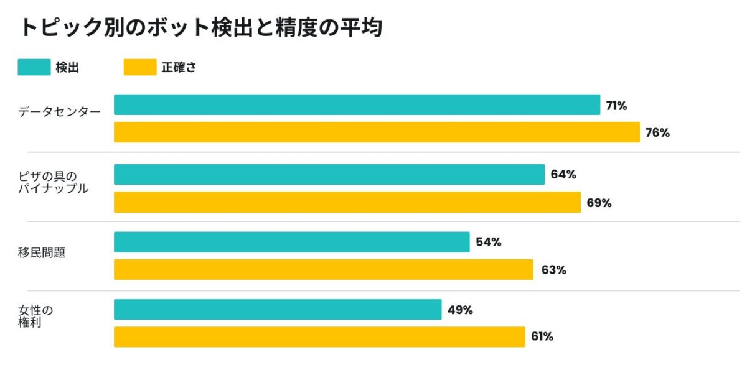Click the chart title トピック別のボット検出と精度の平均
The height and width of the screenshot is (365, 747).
pyautogui.click(x=202, y=27)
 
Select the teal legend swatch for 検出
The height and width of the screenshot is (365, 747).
pyautogui.click(x=34, y=67)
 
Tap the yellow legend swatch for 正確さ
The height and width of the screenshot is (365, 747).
pyautogui.click(x=140, y=67)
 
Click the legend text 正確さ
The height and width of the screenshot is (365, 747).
pyautogui.click(x=179, y=68)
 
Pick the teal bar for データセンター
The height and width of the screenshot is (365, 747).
pyautogui.click(x=357, y=104)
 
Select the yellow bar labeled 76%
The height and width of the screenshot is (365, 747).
pyautogui.click(x=377, y=132)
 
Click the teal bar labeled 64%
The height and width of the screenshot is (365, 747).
pyautogui.click(x=329, y=175)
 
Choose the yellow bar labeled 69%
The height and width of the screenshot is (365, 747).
pyautogui.click(x=347, y=202)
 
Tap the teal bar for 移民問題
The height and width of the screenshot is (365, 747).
pyautogui.click(x=292, y=242)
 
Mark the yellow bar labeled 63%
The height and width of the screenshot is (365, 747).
pyautogui.click(x=324, y=269)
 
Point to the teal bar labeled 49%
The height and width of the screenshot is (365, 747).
pyautogui.click(x=278, y=310)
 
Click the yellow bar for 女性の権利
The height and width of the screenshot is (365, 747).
pyautogui.click(x=319, y=337)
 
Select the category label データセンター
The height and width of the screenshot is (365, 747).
pyautogui.click(x=59, y=111)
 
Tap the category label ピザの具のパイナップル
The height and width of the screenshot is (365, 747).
pyautogui.click(x=54, y=182)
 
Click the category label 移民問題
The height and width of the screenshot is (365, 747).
pyautogui.click(x=42, y=252)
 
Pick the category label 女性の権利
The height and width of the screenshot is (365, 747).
pyautogui.click(x=35, y=316)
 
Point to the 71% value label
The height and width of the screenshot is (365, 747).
pyautogui.click(x=617, y=106)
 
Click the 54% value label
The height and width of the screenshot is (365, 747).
pyautogui.click(x=489, y=242)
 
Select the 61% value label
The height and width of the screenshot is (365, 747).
pyautogui.click(x=542, y=336)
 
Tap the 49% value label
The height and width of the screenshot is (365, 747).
pyautogui.click(x=460, y=310)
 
